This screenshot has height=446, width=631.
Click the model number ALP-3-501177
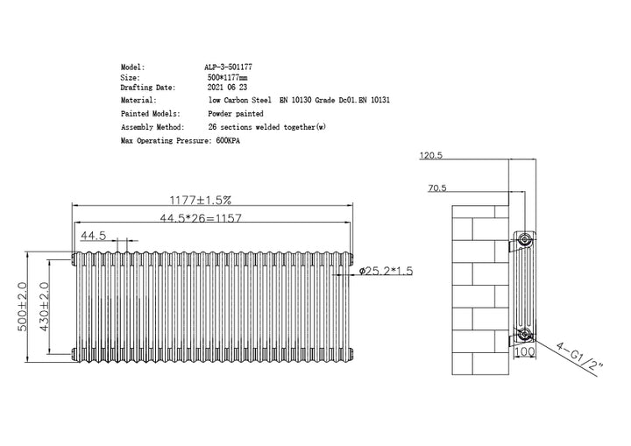[x=230, y=67]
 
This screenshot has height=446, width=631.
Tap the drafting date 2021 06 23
[x=228, y=88]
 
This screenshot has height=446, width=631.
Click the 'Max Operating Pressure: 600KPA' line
[x=180, y=140]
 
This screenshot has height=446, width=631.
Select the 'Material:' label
[x=138, y=101]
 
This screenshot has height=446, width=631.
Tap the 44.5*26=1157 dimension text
[x=202, y=218]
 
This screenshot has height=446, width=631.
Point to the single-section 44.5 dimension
[x=94, y=236]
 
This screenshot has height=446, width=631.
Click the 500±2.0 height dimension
[x=24, y=306]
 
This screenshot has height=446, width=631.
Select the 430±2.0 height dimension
[x=44, y=306]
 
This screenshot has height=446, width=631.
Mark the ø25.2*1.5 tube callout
[x=387, y=271]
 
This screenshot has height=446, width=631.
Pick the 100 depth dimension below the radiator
[x=523, y=351]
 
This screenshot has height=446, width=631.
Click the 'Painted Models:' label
[x=151, y=114]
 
